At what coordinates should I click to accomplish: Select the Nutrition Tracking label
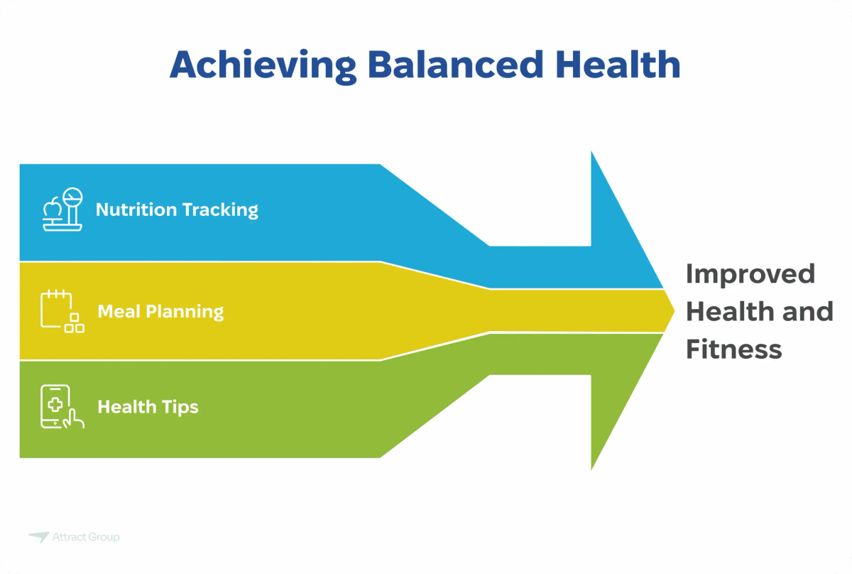click(177, 210)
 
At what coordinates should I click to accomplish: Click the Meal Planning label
click(160, 311)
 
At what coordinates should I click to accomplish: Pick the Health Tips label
click(148, 406)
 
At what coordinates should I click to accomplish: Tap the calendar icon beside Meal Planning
click(62, 311)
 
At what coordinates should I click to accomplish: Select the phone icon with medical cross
click(61, 406)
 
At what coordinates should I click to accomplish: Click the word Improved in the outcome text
click(750, 274)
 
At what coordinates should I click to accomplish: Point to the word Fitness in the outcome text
click(733, 350)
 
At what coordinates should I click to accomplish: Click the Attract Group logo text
click(86, 537)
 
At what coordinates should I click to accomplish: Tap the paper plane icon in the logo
click(38, 537)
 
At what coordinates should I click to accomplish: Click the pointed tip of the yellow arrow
click(672, 310)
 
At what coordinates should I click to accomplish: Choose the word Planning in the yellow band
click(185, 311)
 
